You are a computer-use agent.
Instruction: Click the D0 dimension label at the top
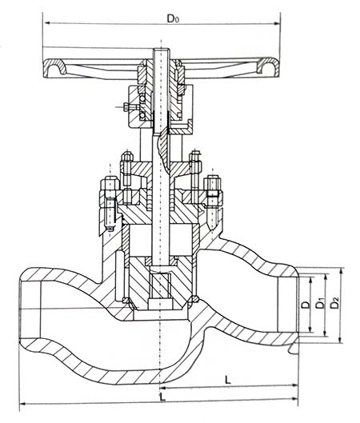coord(173,18)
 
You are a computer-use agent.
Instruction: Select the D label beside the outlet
coord(306,305)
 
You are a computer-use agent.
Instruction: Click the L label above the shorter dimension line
coord(228,380)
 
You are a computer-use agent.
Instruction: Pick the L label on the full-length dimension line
coord(162,397)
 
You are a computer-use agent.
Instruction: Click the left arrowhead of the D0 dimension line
coord(47,23)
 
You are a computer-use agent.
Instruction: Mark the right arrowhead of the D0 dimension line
coord(277,23)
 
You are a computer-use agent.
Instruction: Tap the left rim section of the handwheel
coord(54,68)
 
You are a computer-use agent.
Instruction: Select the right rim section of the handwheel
coord(268,66)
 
